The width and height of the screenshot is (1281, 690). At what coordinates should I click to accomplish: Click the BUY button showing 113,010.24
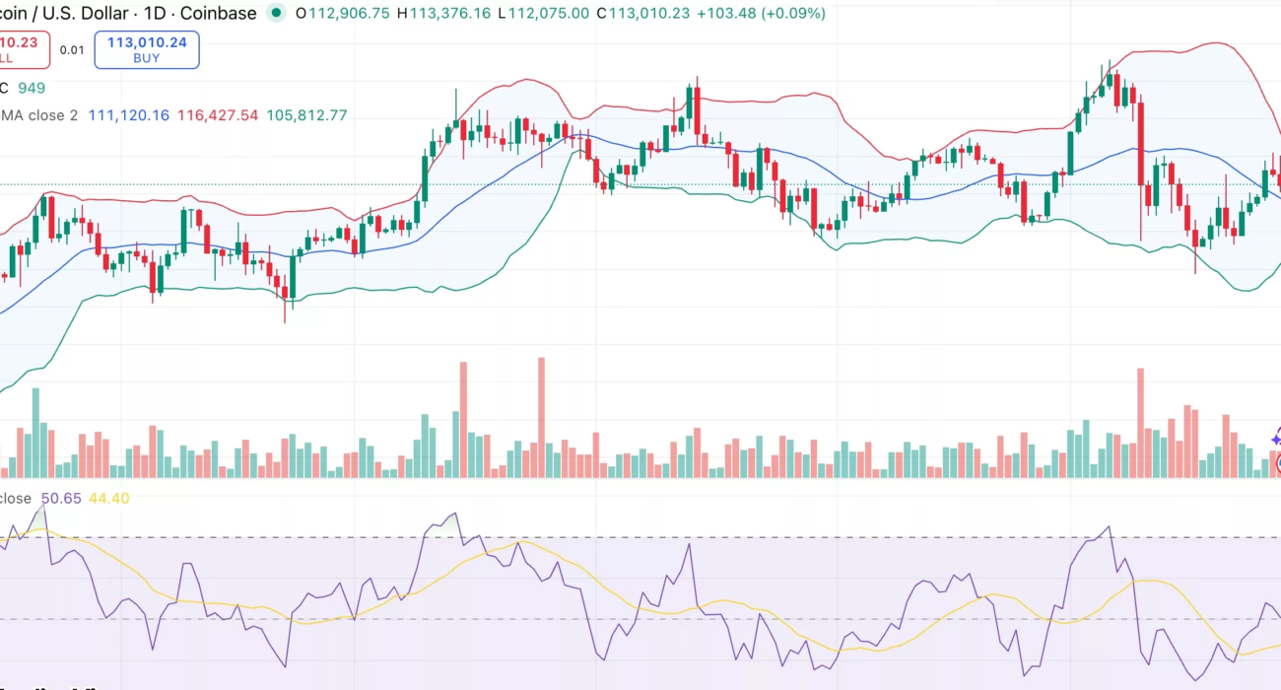(x=147, y=49)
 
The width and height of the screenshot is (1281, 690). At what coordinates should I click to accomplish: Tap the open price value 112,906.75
(x=350, y=14)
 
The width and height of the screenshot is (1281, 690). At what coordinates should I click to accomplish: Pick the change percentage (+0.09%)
(x=794, y=14)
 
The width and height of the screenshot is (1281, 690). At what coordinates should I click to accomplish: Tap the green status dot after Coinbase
(x=276, y=14)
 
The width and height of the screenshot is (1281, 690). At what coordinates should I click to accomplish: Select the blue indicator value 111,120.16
(x=128, y=115)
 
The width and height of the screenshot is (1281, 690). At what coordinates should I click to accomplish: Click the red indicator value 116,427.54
(x=218, y=115)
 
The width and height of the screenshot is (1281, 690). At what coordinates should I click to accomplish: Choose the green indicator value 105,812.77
(x=306, y=115)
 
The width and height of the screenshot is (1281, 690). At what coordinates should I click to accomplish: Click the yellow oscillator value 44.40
(x=108, y=499)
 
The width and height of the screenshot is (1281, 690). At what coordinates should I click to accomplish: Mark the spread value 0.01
(x=71, y=49)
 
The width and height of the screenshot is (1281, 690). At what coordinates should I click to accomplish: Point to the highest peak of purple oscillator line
(x=41, y=509)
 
